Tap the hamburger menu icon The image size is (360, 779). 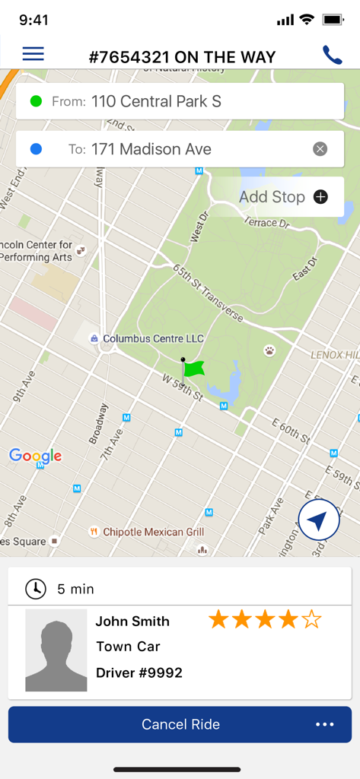point(33,54)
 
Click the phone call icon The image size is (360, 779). point(332,55)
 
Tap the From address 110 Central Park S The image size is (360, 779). point(156,101)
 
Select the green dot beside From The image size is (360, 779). point(36,101)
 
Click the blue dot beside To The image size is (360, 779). point(36,149)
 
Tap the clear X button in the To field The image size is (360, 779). point(320,149)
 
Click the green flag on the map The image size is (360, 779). point(194,368)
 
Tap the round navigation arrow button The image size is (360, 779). point(318,520)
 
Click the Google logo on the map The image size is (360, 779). point(35,456)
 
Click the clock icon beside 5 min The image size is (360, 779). point(35,589)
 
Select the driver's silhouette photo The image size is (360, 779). point(56,650)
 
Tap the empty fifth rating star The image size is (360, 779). point(311,620)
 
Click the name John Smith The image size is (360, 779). point(132,622)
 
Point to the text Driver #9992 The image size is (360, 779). point(139,672)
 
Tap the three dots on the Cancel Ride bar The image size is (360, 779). point(325,724)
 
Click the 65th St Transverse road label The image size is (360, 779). point(208,292)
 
